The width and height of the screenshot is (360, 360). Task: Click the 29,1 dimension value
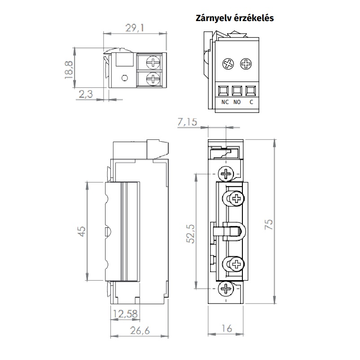tap(135, 28)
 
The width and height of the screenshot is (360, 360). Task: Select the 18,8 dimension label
tap(69, 70)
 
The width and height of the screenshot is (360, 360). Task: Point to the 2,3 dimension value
tap(86, 94)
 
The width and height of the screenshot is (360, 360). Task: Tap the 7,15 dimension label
tap(187, 122)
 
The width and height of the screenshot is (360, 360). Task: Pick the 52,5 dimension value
tap(190, 234)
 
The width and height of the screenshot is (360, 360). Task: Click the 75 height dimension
tap(269, 224)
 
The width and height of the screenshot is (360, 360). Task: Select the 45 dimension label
tap(82, 231)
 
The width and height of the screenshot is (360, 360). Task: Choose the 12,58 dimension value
tap(125, 314)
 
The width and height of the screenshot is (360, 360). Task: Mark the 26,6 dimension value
tap(140, 330)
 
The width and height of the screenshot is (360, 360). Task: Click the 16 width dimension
tap(227, 329)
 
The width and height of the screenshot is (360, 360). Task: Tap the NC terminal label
tap(225, 102)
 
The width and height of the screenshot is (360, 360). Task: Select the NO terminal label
tap(237, 102)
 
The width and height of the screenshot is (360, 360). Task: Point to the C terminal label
tap(251, 102)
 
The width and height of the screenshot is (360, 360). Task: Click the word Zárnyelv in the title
tap(213, 18)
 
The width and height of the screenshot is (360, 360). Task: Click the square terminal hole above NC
tap(223, 91)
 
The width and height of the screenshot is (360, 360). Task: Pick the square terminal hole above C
tap(250, 91)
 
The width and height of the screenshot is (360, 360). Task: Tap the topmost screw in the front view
tap(226, 173)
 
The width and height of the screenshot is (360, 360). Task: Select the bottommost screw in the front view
tap(226, 288)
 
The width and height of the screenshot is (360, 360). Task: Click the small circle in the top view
tap(125, 78)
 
